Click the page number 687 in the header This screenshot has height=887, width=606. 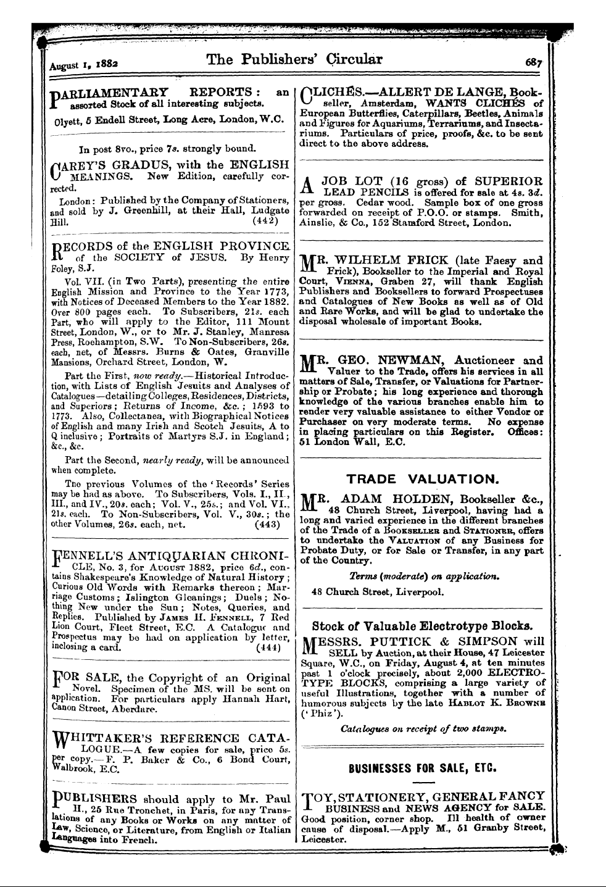coord(534,62)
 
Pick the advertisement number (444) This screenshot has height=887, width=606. coord(268,648)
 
